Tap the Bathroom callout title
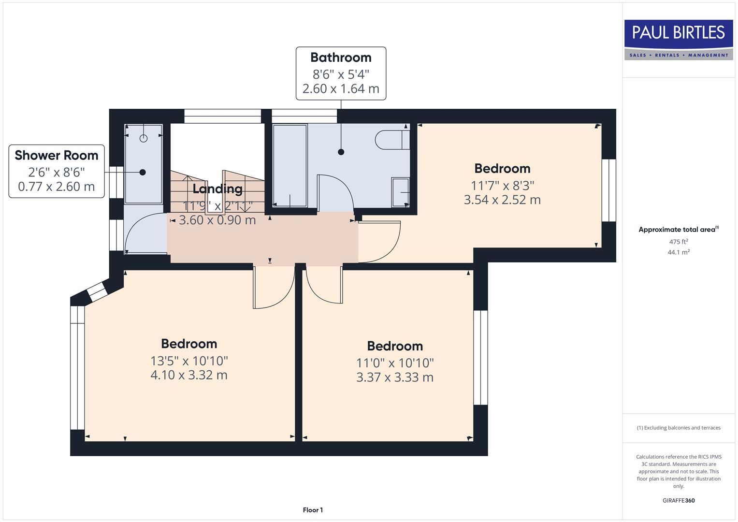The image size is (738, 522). click(341, 58)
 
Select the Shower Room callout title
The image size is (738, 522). click(57, 155)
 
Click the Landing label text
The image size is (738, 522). click(217, 189)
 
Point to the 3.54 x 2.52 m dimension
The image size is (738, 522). click(502, 200)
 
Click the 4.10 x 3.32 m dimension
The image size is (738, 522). click(189, 375)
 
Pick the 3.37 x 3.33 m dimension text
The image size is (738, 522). click(395, 377)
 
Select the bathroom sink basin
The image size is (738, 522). click(401, 192)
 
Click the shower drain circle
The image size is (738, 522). click(143, 138)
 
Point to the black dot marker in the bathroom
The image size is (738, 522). click(341, 152)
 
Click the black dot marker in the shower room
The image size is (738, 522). click(143, 172)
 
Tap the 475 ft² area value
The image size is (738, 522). click(679, 242)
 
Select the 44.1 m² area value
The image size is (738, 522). click(679, 252)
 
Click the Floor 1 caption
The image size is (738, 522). click(313, 510)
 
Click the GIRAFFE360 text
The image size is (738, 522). click(679, 500)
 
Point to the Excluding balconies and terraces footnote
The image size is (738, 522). click(679, 428)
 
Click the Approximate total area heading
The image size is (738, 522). click(678, 230)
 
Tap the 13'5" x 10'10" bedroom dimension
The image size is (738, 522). click(189, 361)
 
